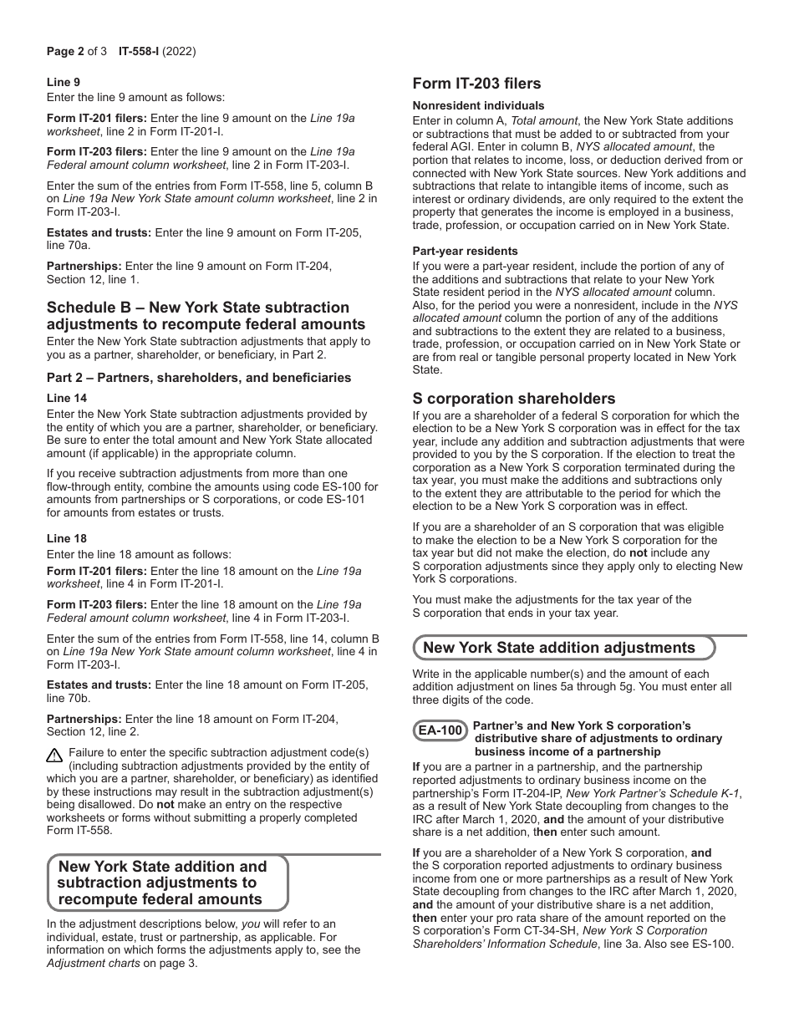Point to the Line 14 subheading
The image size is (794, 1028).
point(67,399)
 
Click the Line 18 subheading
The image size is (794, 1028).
point(67,539)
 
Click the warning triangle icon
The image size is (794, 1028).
point(55,756)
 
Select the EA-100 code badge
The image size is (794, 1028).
point(440,731)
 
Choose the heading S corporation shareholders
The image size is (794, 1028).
point(513,399)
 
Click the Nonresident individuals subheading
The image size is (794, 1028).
point(478,106)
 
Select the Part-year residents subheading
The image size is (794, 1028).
point(465,252)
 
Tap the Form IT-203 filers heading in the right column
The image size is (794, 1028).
point(476,84)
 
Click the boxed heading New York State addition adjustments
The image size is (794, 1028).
point(558,648)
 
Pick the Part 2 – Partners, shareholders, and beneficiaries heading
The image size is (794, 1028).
point(199,378)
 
